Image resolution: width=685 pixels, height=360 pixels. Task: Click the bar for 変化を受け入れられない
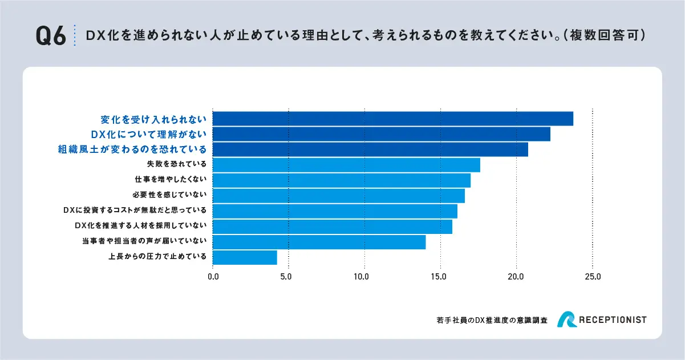pos(392,119)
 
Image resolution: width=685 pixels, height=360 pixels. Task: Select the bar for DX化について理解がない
pos(381,134)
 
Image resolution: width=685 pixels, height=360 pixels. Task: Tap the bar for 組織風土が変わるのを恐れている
pos(370,149)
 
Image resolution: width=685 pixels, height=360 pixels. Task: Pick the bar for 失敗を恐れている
pos(346,165)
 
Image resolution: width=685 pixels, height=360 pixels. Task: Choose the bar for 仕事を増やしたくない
pos(341,180)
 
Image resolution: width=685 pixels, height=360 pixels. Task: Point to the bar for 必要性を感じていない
pos(338,196)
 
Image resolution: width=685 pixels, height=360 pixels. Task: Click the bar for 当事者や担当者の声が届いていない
pos(319,242)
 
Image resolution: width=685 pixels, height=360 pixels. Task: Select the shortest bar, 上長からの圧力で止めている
pos(245,257)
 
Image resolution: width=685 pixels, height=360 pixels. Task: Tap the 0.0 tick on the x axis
pos(213,277)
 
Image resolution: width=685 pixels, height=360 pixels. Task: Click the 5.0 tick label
pos(289,277)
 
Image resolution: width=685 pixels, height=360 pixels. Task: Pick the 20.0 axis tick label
pos(516,277)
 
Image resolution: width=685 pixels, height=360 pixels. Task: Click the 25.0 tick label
pos(593,277)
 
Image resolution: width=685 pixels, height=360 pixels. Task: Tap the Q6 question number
pos(51,35)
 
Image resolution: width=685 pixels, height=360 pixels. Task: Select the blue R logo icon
pos(567,320)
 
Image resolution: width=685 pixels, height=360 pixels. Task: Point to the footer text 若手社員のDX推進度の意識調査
pos(491,321)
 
